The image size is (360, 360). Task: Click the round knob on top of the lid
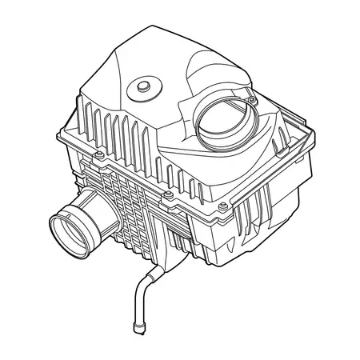(x=146, y=85)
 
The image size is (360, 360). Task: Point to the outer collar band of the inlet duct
(x=80, y=222)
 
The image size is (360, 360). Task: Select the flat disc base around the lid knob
(x=145, y=90)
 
